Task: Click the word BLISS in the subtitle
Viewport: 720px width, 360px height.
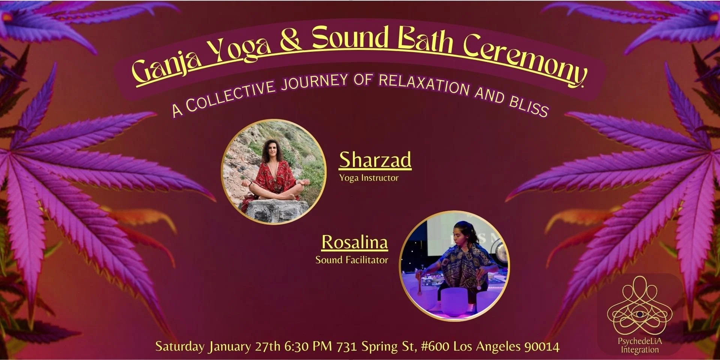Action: tap(529, 106)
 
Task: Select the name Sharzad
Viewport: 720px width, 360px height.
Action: tap(375, 160)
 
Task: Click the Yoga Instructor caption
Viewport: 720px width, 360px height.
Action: tap(369, 178)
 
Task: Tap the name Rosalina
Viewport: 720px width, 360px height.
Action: tap(354, 242)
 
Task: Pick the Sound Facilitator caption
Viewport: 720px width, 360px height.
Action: tap(351, 260)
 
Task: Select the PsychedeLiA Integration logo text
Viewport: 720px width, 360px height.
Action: tap(640, 346)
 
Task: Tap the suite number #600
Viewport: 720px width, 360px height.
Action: tap(435, 346)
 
